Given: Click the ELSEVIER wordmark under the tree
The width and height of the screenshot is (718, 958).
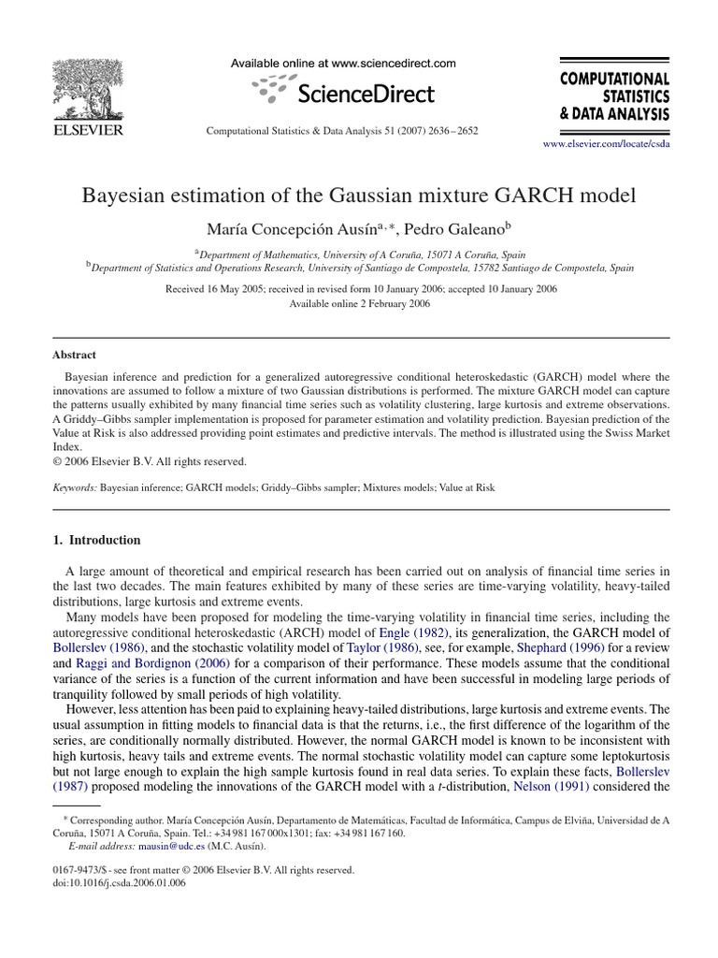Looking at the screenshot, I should [x=86, y=130].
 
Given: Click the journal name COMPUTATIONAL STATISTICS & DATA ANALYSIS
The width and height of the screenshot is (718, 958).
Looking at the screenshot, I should [x=613, y=97].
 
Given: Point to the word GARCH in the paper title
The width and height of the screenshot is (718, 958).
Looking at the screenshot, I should [x=539, y=196].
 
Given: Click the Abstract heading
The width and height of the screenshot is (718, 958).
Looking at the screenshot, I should [x=74, y=356].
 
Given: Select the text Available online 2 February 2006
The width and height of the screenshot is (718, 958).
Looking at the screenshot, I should [x=360, y=304].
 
